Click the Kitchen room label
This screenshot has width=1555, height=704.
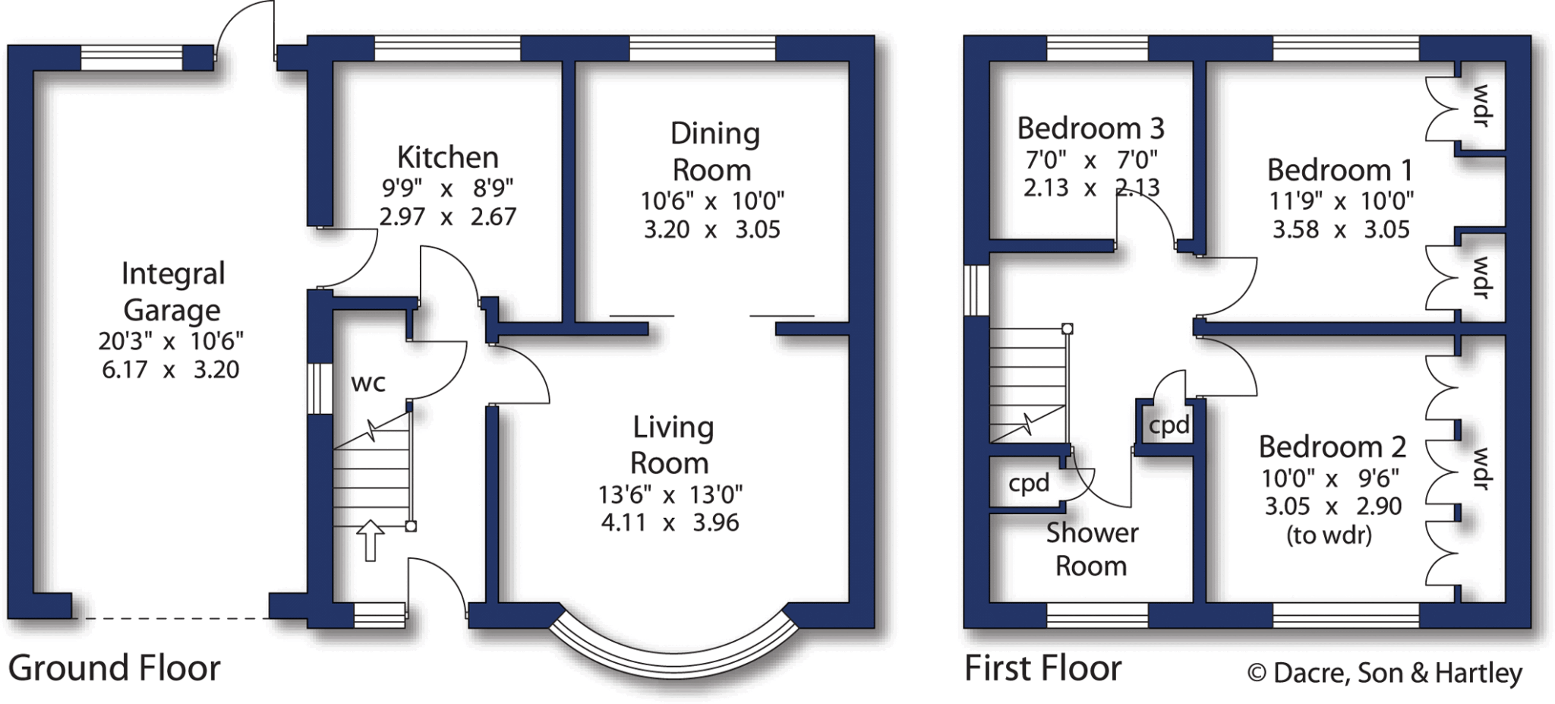447,157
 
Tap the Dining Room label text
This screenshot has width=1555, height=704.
714,151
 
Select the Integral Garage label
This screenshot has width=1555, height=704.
172,292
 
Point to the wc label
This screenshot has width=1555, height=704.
368,383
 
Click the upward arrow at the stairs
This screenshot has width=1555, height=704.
371,540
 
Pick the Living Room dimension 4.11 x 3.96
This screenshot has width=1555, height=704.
670,522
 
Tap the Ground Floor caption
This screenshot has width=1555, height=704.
114,668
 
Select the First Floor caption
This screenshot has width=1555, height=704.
1042,668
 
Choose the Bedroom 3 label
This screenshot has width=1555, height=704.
1090,128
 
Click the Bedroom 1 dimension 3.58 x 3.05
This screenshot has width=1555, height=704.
1341,229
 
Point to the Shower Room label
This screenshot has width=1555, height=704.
1092,549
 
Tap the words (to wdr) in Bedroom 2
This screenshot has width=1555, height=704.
1329,535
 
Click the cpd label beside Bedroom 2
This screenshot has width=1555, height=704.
1169,425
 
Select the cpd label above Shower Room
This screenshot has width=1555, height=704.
1029,483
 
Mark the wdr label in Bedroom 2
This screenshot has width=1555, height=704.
1481,469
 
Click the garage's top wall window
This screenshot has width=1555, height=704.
131,58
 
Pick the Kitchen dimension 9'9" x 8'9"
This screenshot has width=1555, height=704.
447,188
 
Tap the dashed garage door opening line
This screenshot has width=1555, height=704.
171,618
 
